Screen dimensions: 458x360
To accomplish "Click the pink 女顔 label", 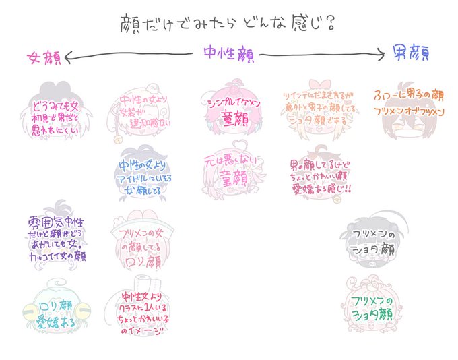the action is coord(44,57).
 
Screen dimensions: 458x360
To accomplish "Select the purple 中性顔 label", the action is coord(229,55).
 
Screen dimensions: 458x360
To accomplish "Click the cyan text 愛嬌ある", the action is coord(57,322).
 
